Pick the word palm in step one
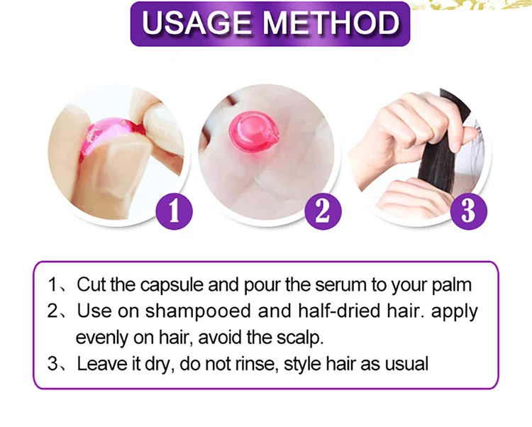[451, 285]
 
